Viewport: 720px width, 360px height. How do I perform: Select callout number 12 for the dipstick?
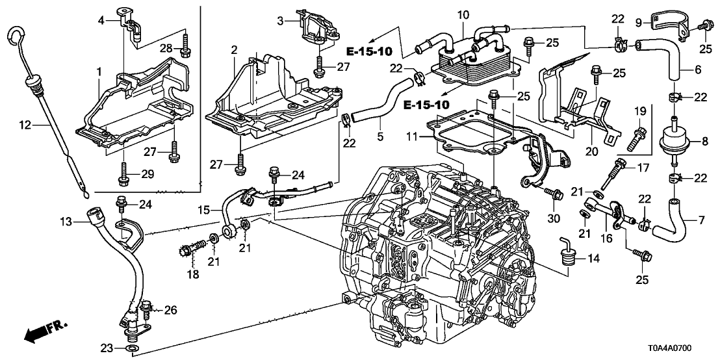pyautogui.click(x=25, y=123)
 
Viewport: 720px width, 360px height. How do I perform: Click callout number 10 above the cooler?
pyautogui.click(x=463, y=14)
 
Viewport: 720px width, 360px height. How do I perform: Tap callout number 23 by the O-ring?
pyautogui.click(x=111, y=348)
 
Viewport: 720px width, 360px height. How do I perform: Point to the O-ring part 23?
pyautogui.click(x=132, y=349)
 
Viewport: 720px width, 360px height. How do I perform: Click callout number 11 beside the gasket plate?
pyautogui.click(x=412, y=137)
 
